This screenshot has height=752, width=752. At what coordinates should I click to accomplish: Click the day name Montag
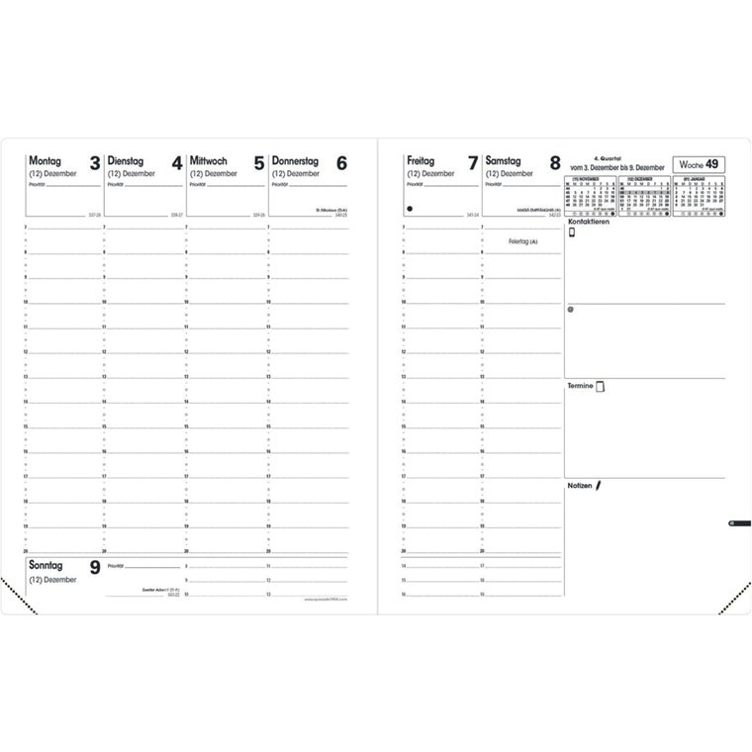[x=46, y=159]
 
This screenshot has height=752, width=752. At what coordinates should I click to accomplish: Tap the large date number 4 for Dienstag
[x=176, y=163]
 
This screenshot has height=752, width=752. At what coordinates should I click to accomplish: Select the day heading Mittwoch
[x=210, y=159]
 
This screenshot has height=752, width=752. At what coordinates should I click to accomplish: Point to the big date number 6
[x=341, y=163]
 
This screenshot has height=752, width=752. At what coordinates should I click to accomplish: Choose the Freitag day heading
[x=423, y=159]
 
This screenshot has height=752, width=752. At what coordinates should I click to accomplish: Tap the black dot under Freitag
[x=408, y=209]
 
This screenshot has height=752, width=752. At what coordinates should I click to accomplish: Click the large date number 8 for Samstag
[x=554, y=163]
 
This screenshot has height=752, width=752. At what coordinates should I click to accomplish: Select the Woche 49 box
[x=698, y=164]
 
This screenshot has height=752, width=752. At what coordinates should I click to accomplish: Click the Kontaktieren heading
[x=588, y=222]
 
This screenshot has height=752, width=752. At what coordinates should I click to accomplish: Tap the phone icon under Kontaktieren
[x=572, y=234]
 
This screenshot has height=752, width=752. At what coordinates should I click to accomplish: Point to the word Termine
[x=580, y=385]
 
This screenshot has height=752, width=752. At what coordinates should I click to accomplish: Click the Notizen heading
[x=580, y=488]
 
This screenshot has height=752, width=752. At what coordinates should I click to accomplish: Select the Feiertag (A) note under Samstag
[x=521, y=241]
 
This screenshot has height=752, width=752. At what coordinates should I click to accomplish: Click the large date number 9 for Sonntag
[x=94, y=568]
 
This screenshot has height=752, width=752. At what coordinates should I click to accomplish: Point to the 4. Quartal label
[x=605, y=157]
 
